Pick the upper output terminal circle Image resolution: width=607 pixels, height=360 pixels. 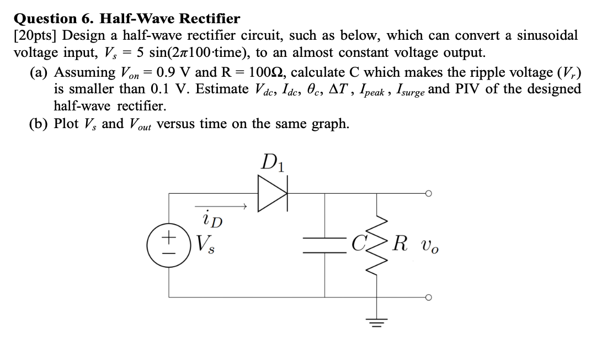tap(428, 194)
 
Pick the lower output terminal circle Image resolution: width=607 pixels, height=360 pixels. tap(428, 297)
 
